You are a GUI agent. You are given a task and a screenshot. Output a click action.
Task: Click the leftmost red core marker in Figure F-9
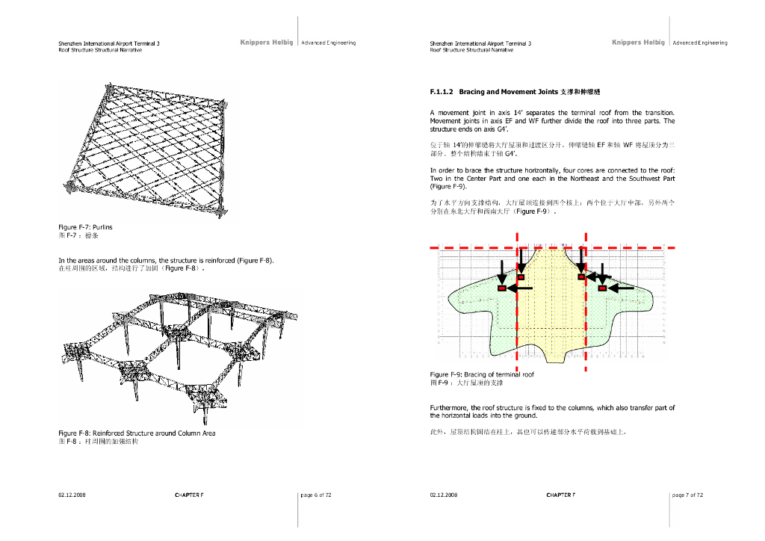pos(502,288)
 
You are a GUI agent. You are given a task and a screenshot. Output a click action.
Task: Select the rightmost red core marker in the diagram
pos(602,288)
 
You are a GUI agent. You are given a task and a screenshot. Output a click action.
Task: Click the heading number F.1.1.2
pos(442,92)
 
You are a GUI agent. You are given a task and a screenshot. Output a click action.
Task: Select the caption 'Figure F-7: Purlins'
pos(85,226)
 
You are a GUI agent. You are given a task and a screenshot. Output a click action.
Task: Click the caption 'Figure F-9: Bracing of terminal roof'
pos(482,374)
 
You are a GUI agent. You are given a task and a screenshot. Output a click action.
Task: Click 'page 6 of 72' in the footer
pos(315,495)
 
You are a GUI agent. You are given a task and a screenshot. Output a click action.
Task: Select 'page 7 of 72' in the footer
pos(687,495)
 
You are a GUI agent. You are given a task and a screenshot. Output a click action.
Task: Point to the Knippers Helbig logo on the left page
pos(267,43)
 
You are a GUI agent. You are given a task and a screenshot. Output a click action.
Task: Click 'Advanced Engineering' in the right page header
pos(700,43)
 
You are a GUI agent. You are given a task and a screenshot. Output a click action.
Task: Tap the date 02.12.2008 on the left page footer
pos(72,495)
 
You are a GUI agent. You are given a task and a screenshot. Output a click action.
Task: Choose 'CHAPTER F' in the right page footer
pos(560,495)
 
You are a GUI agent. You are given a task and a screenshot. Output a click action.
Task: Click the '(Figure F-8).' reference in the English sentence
pos(255,260)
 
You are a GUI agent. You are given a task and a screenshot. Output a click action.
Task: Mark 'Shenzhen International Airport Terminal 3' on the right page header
pos(480,43)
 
